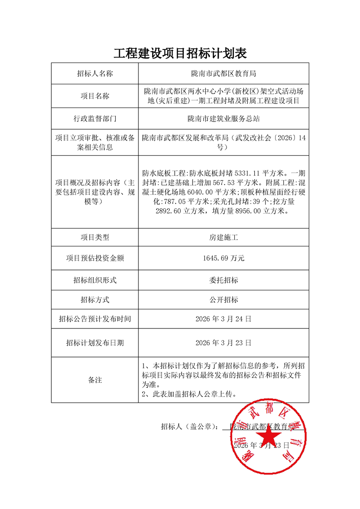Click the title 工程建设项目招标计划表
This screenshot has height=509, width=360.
pos(180,54)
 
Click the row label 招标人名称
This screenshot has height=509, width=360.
pos(95,73)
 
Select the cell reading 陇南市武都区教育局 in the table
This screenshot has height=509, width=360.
pos(224,73)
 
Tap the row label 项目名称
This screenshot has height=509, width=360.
pos(95,96)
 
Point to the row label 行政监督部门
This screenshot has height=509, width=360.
pos(95,119)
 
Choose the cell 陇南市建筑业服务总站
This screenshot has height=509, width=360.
pos(224,119)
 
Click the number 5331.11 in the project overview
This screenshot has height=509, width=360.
pos(249,173)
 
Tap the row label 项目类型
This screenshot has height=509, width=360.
pos(95,237)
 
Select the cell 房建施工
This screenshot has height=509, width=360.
pos(224,237)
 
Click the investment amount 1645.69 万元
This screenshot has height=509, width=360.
pos(224,258)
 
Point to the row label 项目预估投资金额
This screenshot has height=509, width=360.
pos(95,258)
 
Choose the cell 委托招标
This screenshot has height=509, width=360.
pos(224,280)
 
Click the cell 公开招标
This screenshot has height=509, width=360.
pos(224,300)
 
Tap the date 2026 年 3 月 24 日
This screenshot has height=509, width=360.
pos(224,319)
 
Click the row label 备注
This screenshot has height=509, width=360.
pos(95,380)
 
